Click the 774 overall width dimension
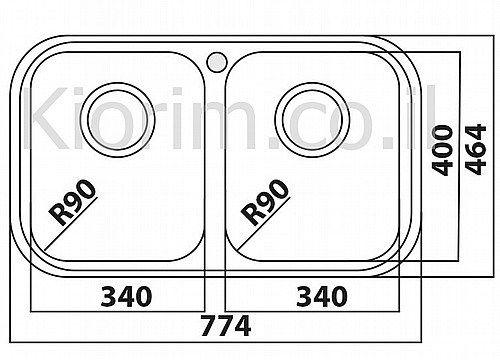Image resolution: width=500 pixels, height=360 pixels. point(226,326)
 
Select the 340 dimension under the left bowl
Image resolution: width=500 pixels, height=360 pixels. point(126,297)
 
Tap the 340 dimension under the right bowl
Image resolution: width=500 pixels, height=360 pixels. point(322,297)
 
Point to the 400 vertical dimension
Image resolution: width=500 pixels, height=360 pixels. point(442,150)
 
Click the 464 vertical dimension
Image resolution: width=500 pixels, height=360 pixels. point(476,149)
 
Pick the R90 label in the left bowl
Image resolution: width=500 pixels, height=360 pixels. point(72,202)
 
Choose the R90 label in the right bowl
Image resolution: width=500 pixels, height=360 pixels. point(265,202)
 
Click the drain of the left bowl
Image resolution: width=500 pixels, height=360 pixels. point(117,120)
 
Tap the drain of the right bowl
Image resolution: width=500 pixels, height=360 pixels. point(312,120)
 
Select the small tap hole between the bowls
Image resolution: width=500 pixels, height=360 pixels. point(217,62)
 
